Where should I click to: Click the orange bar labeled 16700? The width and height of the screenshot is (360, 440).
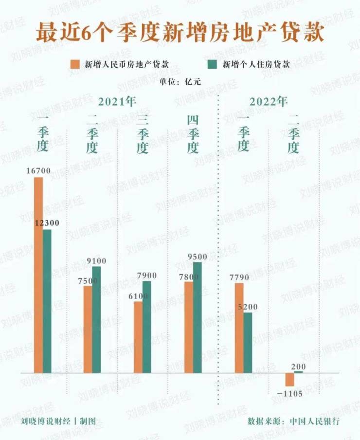pyautogui.click(x=38, y=275)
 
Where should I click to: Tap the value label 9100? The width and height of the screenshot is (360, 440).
pyautogui.click(x=96, y=261)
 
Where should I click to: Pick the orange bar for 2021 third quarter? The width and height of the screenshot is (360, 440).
pyautogui.click(x=139, y=337)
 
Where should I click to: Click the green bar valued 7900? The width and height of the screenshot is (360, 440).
pyautogui.click(x=147, y=327)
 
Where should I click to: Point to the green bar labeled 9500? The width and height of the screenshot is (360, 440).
pyautogui.click(x=197, y=317)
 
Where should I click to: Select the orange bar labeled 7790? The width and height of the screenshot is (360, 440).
pyautogui.click(x=239, y=328)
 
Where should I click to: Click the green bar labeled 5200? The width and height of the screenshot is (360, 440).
pyautogui.click(x=248, y=342)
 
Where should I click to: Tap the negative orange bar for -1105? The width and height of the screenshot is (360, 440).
pyautogui.click(x=290, y=379)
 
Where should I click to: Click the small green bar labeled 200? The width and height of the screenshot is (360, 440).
pyautogui.click(x=298, y=372)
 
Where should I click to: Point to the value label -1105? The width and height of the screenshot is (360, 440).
pyautogui.click(x=290, y=392)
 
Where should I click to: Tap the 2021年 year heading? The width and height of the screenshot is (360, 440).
pyautogui.click(x=117, y=102)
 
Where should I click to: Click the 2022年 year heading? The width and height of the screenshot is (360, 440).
pyautogui.click(x=269, y=102)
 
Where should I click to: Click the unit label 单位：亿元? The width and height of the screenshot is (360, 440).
pyautogui.click(x=180, y=81)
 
